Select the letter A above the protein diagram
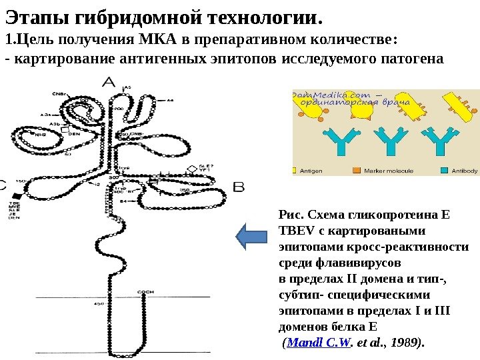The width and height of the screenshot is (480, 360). click(x=109, y=83)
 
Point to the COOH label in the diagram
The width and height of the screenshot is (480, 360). click(x=145, y=292)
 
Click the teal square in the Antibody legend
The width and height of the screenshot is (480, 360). click(x=444, y=171)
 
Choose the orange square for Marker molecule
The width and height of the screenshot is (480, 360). click(x=357, y=171)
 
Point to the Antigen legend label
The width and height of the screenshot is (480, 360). click(x=311, y=171)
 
